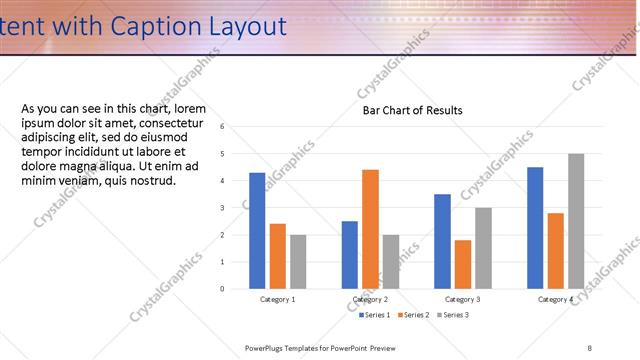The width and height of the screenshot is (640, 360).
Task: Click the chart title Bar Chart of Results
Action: coord(412,110)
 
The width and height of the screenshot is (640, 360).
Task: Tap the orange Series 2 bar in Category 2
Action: coord(370,229)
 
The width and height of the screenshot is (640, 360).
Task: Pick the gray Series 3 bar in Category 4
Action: coord(575,221)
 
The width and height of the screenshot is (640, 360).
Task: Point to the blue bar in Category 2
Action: coord(349,255)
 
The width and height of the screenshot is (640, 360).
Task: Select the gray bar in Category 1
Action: coord(298,262)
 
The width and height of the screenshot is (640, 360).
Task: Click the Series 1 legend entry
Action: coord(375,315)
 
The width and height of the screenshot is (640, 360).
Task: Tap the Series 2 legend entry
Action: coord(416,315)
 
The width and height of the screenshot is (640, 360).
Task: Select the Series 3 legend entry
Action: coord(454,315)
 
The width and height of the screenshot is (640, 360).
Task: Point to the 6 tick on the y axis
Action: coord(236,127)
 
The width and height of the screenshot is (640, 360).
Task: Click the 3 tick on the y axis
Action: coord(236,208)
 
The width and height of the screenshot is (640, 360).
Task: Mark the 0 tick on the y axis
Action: coord(236,289)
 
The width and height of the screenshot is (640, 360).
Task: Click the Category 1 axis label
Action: coord(277,299)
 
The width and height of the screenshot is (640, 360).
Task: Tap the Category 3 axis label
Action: coord(462,299)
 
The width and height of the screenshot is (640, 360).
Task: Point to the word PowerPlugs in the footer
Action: coord(266,347)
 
